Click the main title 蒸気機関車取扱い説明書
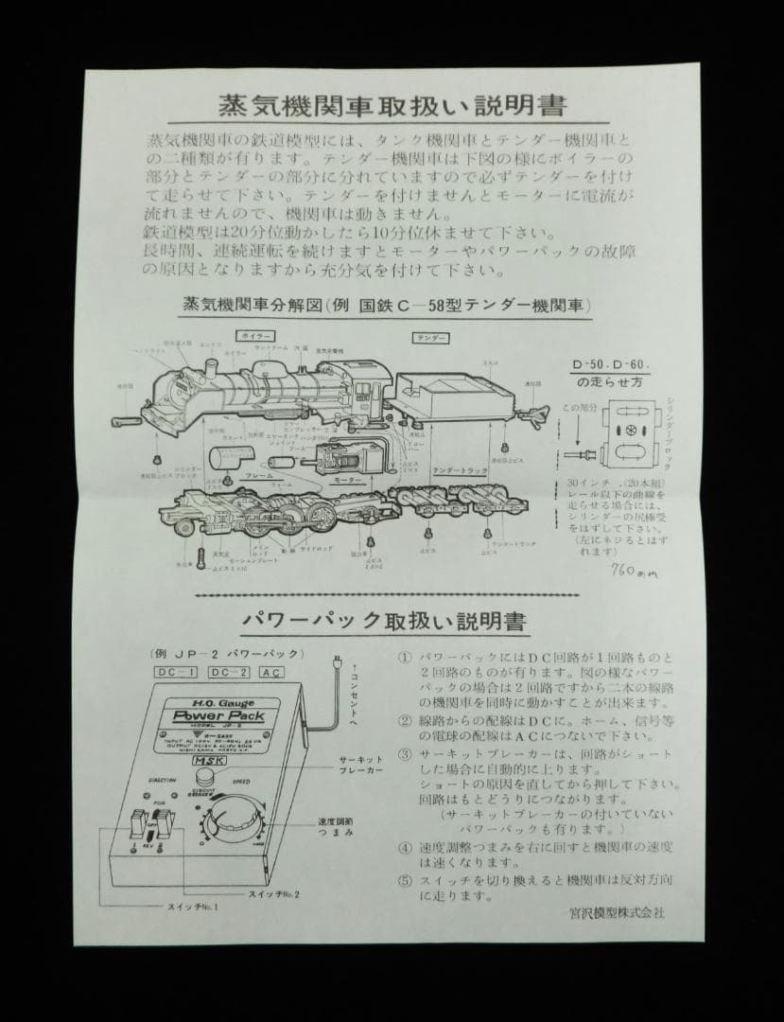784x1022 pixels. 392,103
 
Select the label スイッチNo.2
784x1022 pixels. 273,893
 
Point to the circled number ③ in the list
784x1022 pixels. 404,754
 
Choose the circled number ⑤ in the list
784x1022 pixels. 404,879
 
